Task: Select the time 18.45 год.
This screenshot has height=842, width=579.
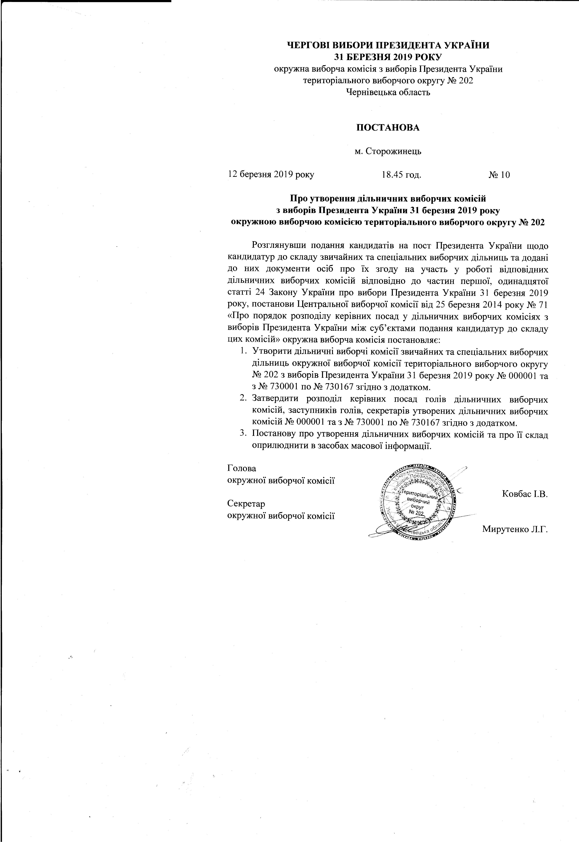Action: [x=402, y=175]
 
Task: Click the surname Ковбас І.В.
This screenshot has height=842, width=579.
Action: [x=525, y=494]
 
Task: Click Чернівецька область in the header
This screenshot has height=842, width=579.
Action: [x=388, y=92]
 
